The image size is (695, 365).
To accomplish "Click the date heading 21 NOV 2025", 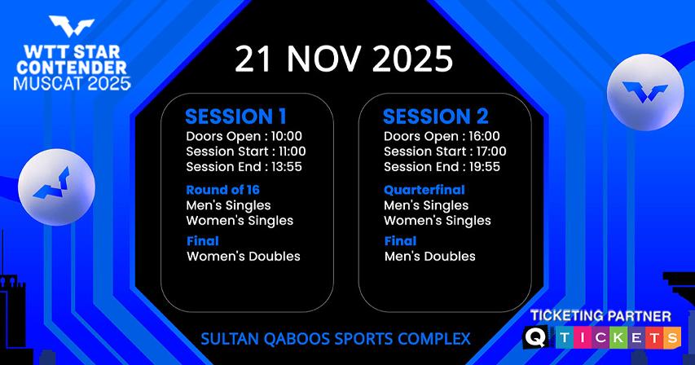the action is coord(344,59).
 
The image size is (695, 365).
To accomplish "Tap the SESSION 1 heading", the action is coord(235,117).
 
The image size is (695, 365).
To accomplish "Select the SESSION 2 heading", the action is coord(436,117).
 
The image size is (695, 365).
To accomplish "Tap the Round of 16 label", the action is coord(223,190).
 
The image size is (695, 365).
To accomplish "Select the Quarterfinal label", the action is coord(424,190).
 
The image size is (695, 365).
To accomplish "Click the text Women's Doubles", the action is coord(244,256).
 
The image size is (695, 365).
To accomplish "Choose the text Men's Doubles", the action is coord(430,256).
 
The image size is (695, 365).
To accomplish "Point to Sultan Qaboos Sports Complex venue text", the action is coord(336,339).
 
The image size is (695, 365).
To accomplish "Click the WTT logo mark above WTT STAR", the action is coord(72,26).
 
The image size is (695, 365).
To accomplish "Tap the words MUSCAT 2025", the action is coord(72,83).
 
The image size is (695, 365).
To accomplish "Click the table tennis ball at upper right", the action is coord(645,92).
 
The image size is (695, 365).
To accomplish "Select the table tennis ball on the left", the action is coord(56,187).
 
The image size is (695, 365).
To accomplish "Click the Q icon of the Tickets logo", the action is coord(535,337).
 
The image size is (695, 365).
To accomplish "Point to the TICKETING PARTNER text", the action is coord(600,316).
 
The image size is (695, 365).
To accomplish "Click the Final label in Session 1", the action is coord(203,241).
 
